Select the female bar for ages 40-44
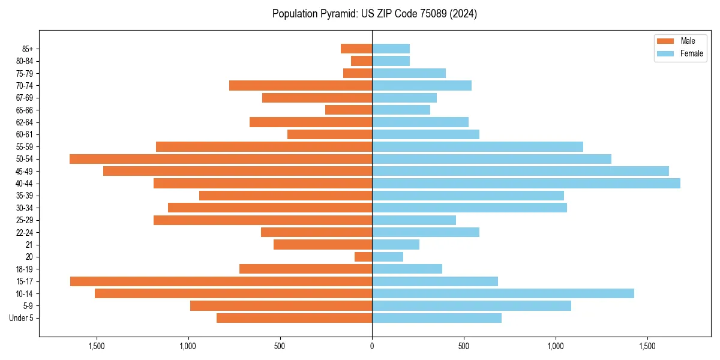[526, 184]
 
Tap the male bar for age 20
[364, 257]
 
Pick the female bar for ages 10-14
[503, 293]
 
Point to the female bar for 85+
[391, 49]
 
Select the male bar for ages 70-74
[301, 86]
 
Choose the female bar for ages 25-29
[414, 220]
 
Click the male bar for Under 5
[294, 318]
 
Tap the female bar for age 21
[395, 245]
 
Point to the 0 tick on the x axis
[372, 346]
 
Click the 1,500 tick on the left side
[97, 346]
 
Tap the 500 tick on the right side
[464, 346]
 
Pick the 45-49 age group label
[25, 172]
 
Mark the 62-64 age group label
[25, 122]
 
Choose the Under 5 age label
[22, 318]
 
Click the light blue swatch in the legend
[665, 53]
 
